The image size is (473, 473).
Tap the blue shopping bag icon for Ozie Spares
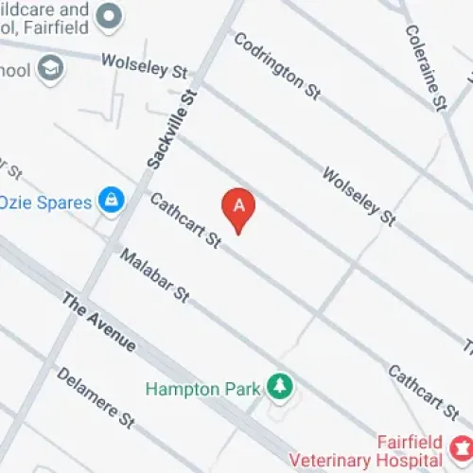(x=113, y=201)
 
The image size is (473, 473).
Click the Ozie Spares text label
(x=45, y=202)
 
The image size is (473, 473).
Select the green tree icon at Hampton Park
(x=279, y=386)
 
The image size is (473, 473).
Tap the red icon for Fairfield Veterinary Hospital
(x=464, y=445)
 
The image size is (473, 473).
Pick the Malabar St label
(x=154, y=276)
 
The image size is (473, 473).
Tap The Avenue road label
(x=98, y=322)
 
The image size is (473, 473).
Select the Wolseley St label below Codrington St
(x=359, y=197)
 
